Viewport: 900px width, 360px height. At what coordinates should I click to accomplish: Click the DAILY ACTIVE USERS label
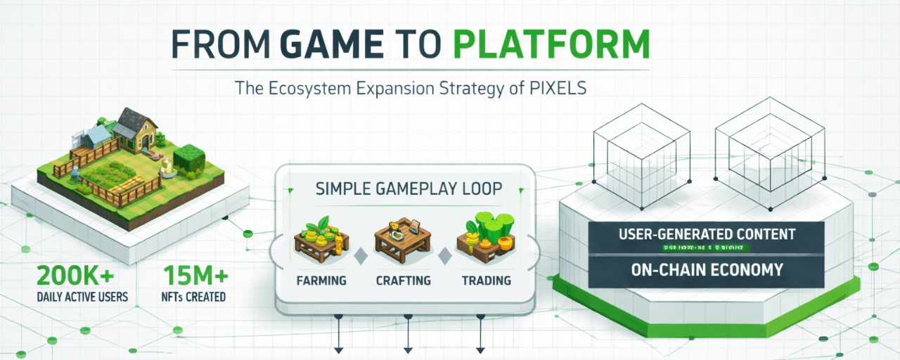tap(82, 297)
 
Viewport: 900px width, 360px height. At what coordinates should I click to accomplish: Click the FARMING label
tap(321, 281)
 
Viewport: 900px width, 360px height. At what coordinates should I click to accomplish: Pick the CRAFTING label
tap(403, 281)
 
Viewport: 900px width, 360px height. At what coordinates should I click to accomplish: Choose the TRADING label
tap(486, 281)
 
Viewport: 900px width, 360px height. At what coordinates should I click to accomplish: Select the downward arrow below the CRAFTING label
tap(407, 347)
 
